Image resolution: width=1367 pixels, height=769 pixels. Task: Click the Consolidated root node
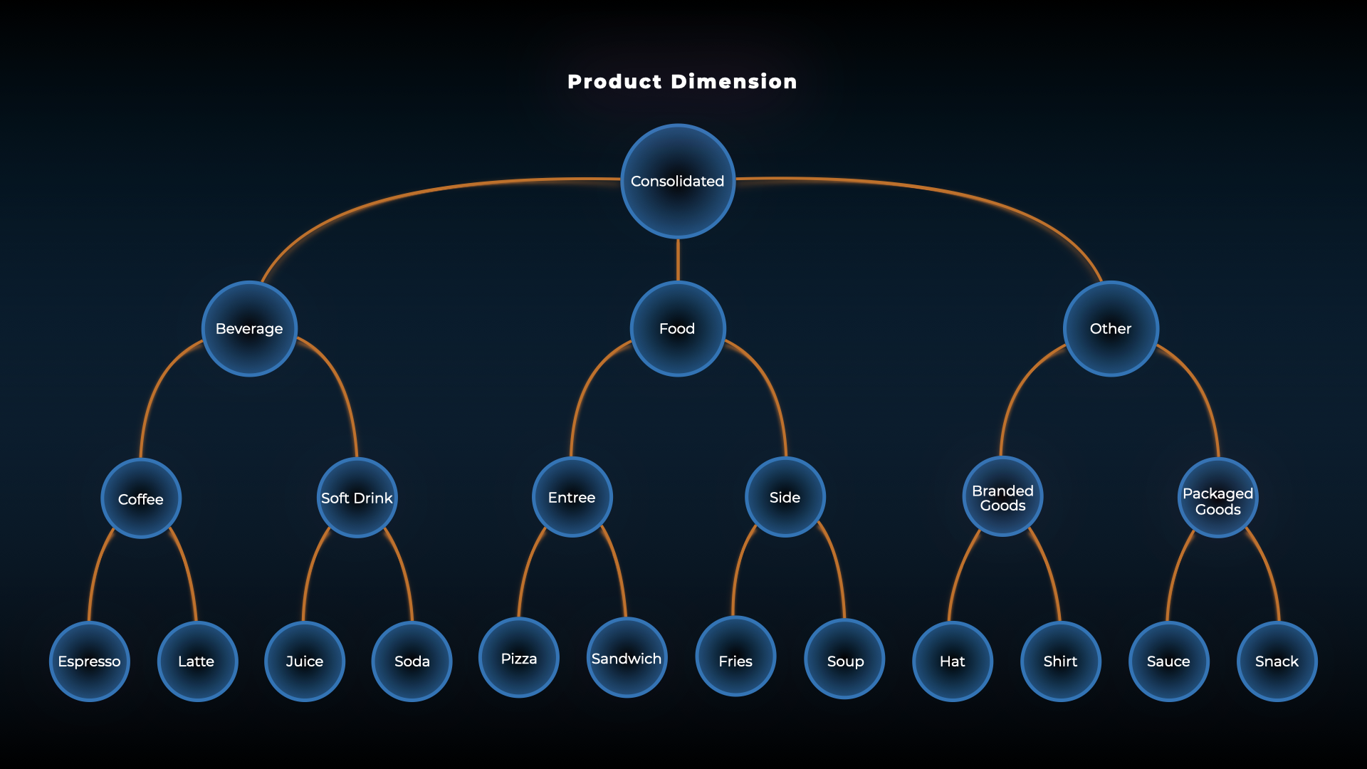(x=678, y=182)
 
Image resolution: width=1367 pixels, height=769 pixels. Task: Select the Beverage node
(x=249, y=328)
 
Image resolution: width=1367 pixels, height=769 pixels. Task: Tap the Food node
(x=677, y=328)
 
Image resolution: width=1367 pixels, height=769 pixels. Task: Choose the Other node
(x=1111, y=328)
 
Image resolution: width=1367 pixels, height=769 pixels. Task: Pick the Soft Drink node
(x=357, y=498)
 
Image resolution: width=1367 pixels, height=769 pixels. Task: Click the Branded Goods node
(x=1002, y=497)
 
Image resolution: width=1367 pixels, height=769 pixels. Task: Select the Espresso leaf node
(x=90, y=661)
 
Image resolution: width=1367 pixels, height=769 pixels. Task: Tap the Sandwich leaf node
(x=627, y=658)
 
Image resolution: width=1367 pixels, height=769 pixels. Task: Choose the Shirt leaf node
(x=1060, y=661)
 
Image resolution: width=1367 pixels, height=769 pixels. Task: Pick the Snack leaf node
(x=1277, y=661)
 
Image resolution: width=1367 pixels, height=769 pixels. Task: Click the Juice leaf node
(x=305, y=661)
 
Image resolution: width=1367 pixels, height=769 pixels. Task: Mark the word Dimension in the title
(x=733, y=82)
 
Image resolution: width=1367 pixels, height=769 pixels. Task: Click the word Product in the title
(x=614, y=82)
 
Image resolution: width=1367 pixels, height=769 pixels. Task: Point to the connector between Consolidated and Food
(x=678, y=260)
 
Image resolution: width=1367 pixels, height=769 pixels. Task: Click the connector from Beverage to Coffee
(x=151, y=399)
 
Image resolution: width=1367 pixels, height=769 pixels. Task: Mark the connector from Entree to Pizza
(x=527, y=570)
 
